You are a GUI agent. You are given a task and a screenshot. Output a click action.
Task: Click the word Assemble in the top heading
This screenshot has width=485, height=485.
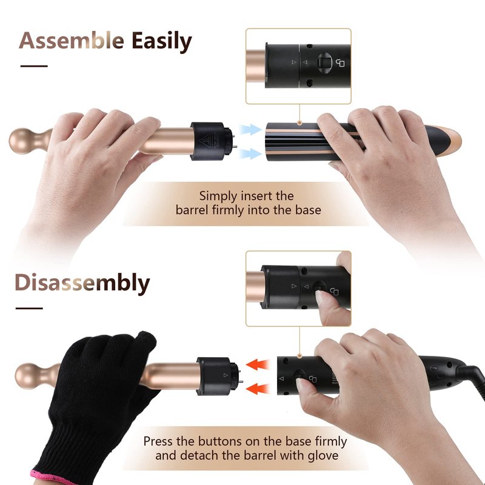pos(72,41)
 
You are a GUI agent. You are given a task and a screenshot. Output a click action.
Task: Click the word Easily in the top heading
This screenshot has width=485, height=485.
pos(162,42)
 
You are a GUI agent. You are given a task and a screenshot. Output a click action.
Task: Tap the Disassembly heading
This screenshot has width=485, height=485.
pos(82,283)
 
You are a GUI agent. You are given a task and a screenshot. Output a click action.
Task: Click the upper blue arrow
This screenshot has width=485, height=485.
pos(250,129)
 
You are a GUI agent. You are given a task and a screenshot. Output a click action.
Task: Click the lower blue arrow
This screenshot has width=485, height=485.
pos(250,153)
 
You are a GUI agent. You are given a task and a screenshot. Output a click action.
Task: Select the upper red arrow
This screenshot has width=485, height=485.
pos(258,364)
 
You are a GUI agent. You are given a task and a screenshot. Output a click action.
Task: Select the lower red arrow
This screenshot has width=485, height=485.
pos(258,389)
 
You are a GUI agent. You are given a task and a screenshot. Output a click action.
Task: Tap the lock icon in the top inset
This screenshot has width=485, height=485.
pos(340,63)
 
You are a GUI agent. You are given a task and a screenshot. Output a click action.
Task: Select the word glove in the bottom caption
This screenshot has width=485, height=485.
pos(323,455)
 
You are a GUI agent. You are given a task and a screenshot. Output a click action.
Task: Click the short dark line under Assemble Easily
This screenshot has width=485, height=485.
pos(34,66)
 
